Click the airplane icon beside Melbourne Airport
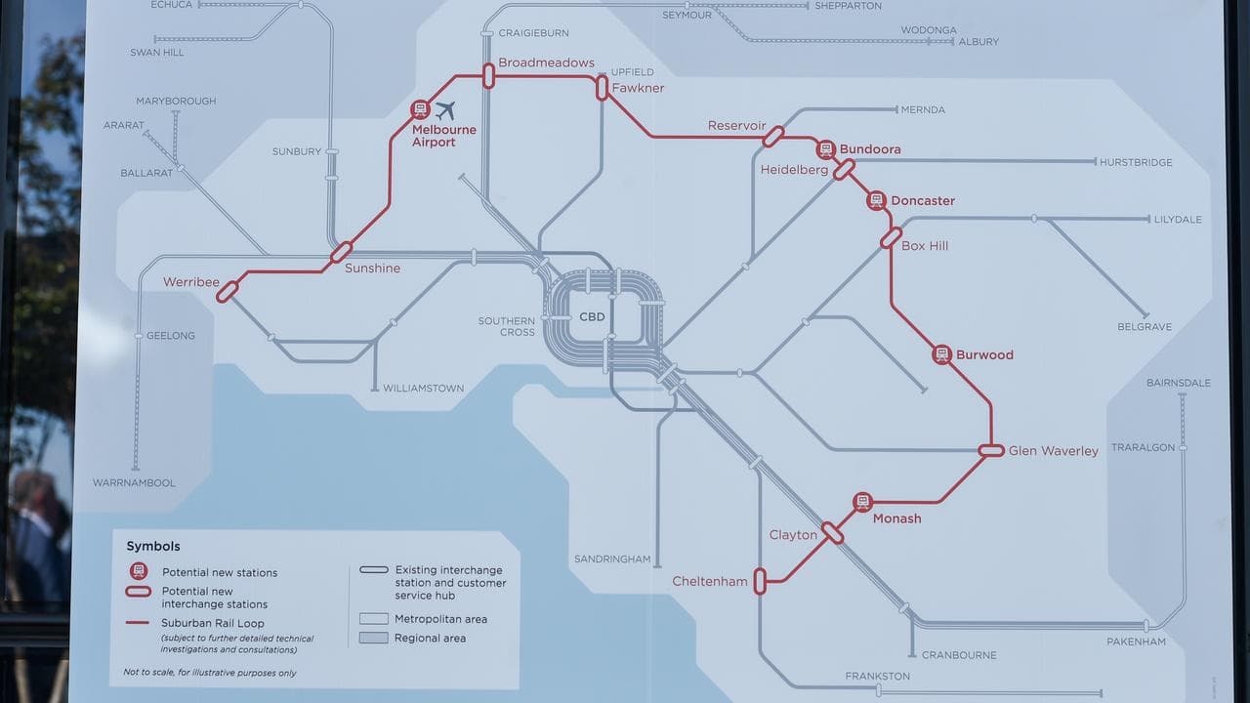(446, 110)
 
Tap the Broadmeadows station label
(546, 62)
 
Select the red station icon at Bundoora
(826, 149)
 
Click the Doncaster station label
(923, 200)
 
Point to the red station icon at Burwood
(941, 354)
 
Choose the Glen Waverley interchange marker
(991, 450)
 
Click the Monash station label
(896, 518)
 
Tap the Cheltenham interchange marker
(760, 582)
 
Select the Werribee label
(191, 282)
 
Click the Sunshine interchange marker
(341, 253)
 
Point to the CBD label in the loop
(592, 317)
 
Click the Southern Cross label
(506, 326)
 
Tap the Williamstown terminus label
(423, 388)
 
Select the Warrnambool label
(134, 482)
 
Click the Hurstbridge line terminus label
(1135, 162)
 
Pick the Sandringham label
(612, 559)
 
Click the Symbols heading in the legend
(153, 547)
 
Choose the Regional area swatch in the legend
(374, 638)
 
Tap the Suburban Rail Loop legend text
(213, 623)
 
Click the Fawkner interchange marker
(603, 88)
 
